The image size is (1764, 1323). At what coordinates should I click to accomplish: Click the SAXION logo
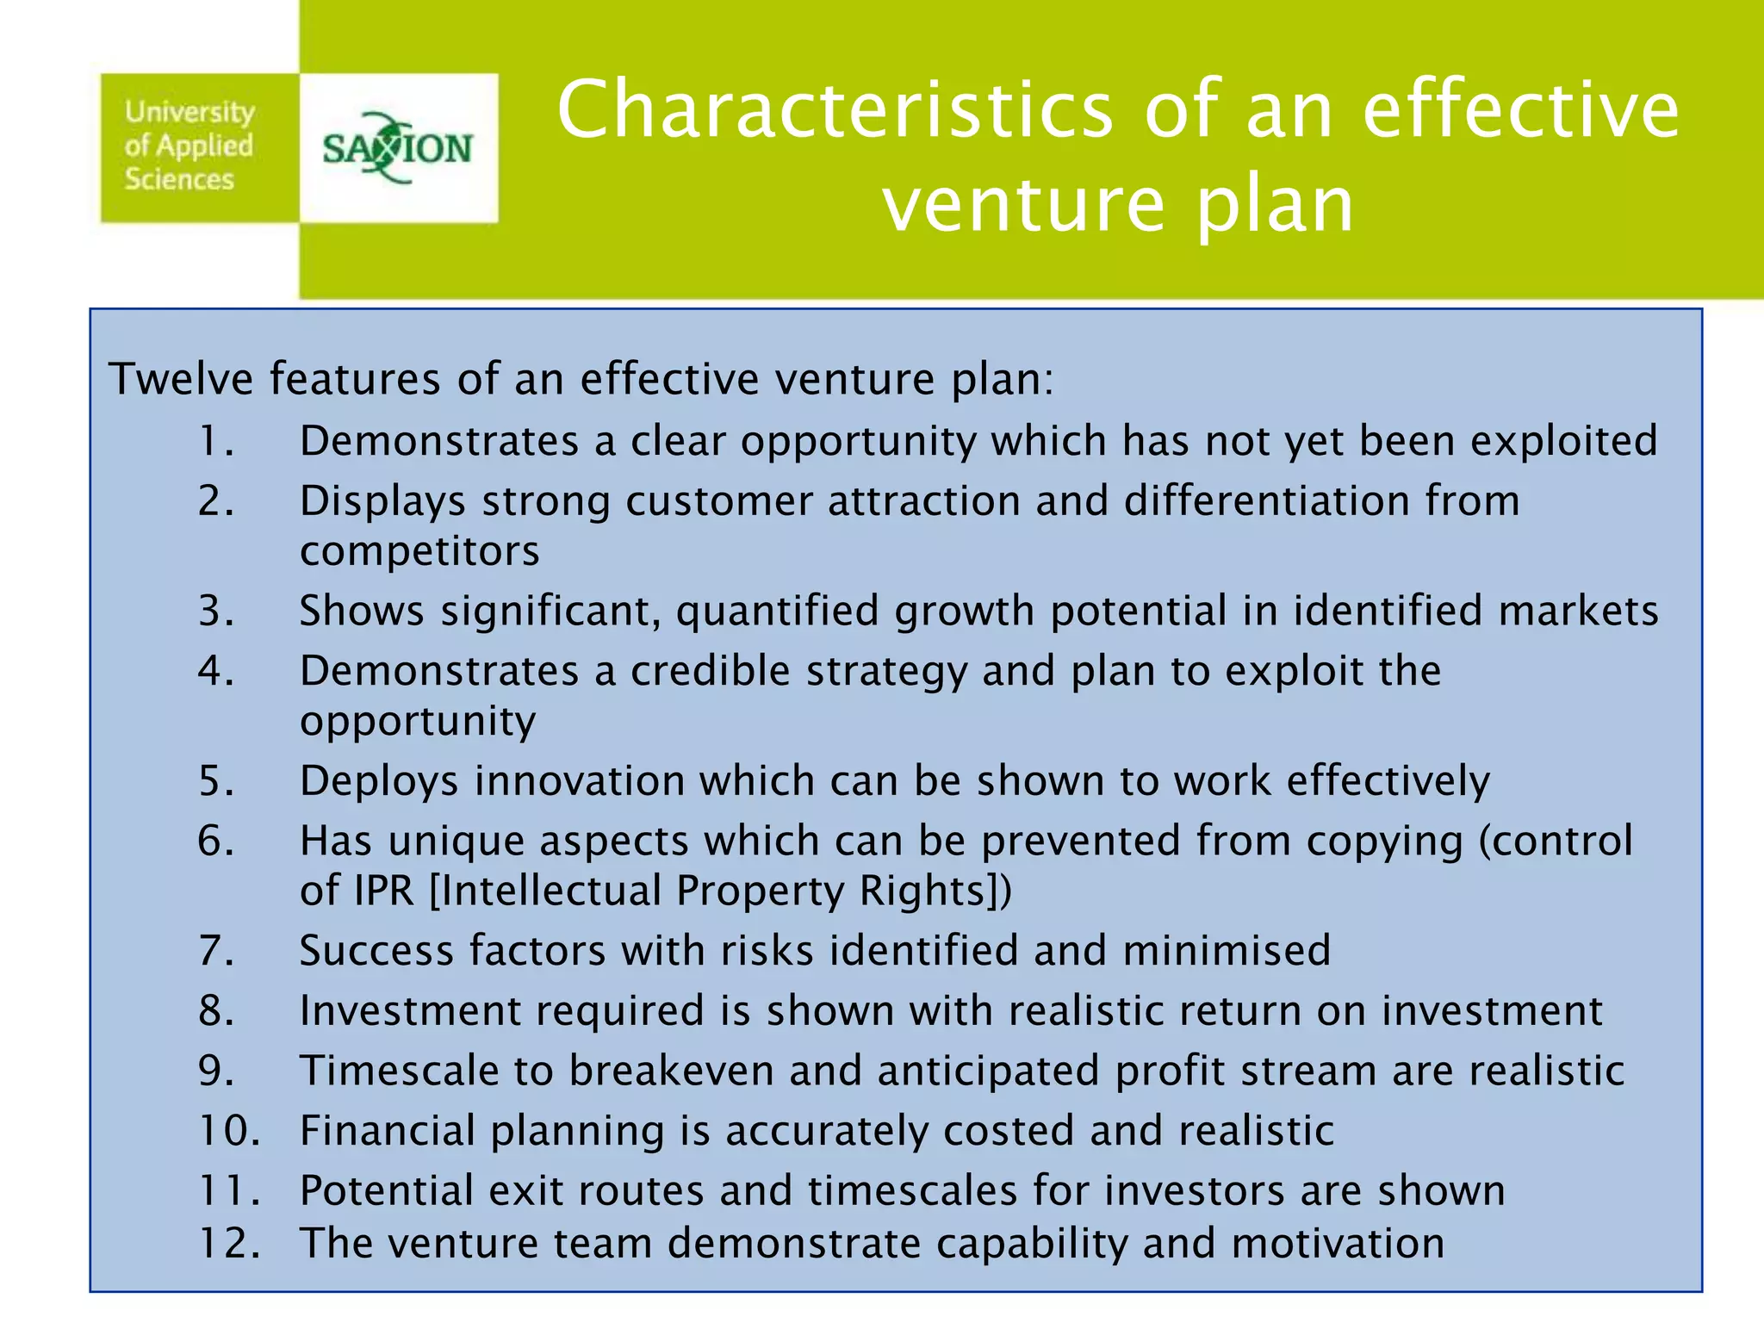click(x=397, y=148)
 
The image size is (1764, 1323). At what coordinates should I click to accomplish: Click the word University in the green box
click(x=189, y=112)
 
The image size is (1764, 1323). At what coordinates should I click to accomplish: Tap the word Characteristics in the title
click(x=835, y=109)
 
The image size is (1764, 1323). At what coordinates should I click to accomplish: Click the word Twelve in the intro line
click(x=180, y=379)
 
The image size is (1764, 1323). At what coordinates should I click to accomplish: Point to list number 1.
click(x=215, y=441)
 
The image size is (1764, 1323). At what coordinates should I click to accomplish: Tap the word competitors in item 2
click(x=419, y=551)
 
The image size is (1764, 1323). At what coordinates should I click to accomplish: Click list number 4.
click(x=215, y=671)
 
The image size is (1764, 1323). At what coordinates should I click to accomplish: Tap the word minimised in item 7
click(x=1227, y=951)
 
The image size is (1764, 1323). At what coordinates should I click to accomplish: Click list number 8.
click(x=215, y=1011)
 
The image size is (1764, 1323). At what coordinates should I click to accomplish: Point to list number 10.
click(x=228, y=1131)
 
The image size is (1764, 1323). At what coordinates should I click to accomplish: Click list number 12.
click(x=228, y=1244)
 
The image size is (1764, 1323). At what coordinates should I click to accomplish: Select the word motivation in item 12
click(x=1337, y=1244)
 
